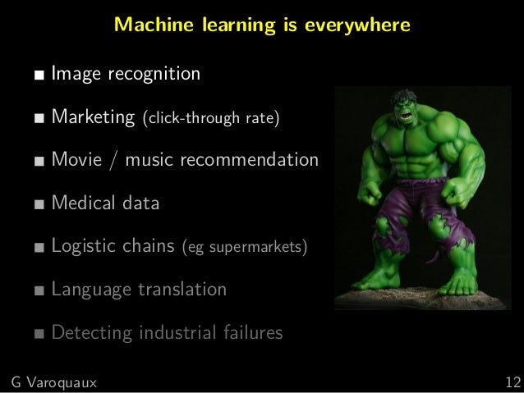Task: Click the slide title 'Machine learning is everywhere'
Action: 262,25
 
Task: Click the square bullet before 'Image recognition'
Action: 39,78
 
